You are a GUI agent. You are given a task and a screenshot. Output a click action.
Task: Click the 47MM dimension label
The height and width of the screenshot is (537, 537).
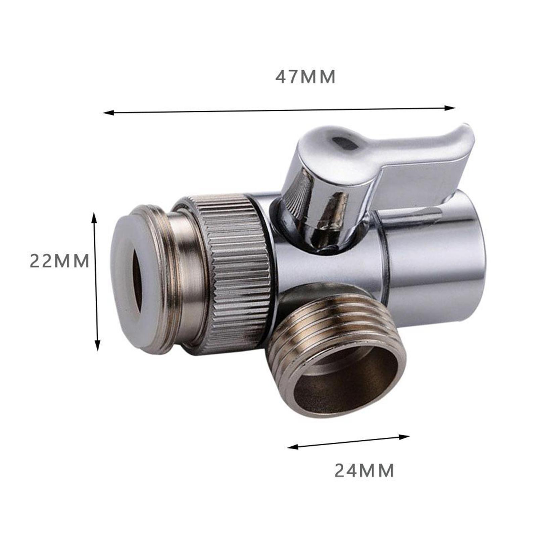pyautogui.click(x=305, y=77)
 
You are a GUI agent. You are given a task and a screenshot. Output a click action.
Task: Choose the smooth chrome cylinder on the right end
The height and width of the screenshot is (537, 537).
pyautogui.click(x=436, y=262)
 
